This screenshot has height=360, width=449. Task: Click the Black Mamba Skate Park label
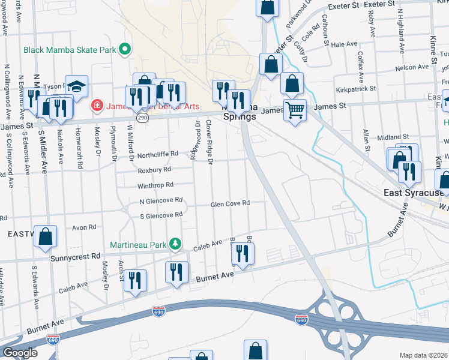[70, 50]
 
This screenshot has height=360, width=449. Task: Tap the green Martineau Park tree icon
[175, 244]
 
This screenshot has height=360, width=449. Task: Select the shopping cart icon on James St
[295, 110]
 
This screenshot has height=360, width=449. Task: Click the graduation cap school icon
[77, 86]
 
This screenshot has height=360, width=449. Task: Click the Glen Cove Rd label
[230, 204]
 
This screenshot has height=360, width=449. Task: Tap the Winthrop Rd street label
[156, 185]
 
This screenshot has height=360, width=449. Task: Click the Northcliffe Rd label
[158, 154]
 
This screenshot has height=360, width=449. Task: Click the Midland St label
[393, 137]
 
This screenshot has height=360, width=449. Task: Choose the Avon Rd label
[84, 228]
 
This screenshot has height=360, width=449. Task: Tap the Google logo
[20, 353]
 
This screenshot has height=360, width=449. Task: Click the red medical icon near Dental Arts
[96, 106]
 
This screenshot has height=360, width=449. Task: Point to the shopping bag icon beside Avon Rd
[46, 236]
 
